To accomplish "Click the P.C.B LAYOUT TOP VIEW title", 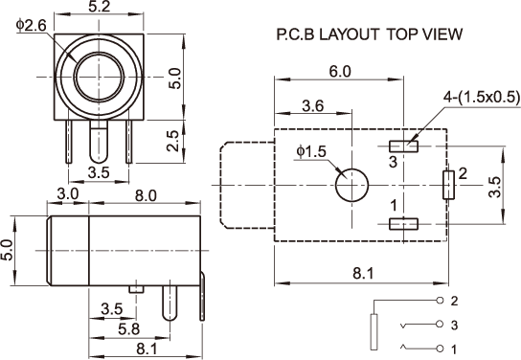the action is coord(369,34).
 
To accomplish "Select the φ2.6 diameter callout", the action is coord(32,26).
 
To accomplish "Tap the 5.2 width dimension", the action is coord(99,7).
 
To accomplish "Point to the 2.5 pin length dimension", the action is coord(172,141).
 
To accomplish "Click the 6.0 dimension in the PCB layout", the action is coord(340,72).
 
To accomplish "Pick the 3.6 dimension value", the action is coord(312,106).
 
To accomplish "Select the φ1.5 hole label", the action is coord(311,151).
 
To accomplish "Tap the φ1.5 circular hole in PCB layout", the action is coord(351,185).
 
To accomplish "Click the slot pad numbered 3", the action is coord(403,146).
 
